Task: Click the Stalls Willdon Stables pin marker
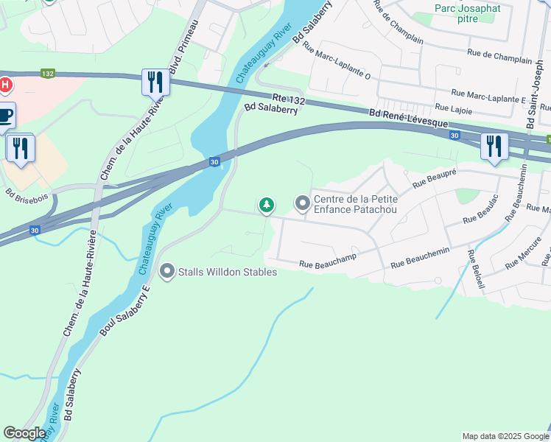167,272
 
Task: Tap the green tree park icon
266,205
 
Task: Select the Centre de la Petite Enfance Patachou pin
302,202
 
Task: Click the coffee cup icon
5,116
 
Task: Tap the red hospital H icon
5,86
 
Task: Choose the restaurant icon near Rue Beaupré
493,146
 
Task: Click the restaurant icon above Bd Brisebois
20,148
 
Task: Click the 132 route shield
48,74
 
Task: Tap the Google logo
24,433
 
